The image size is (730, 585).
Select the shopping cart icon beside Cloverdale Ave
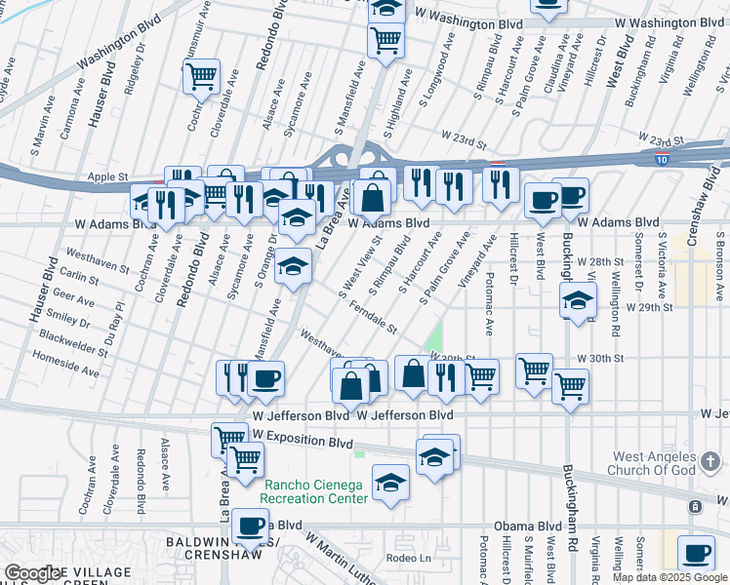(x=201, y=76)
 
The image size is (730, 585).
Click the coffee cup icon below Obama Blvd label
(x=695, y=553)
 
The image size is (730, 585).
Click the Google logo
(x=32, y=573)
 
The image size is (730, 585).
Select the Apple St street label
(x=108, y=177)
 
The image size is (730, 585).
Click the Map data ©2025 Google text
(x=669, y=577)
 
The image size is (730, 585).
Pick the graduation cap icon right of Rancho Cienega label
(x=390, y=484)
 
